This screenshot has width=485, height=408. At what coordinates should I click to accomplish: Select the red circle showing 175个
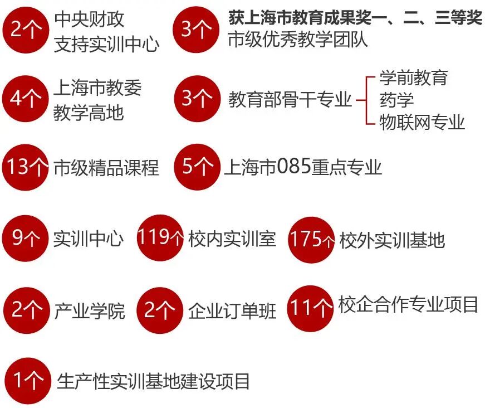pyautogui.click(x=312, y=240)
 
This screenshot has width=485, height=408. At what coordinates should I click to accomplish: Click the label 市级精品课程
pyautogui.click(x=106, y=167)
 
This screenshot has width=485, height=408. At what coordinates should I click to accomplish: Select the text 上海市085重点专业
pyautogui.click(x=303, y=167)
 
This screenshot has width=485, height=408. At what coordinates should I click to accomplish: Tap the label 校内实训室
pyautogui.click(x=232, y=240)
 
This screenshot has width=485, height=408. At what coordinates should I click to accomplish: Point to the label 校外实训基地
pyautogui.click(x=392, y=240)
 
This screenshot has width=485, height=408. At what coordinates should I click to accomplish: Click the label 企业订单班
pyautogui.click(x=232, y=311)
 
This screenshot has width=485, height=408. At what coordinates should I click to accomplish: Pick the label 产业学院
pyautogui.click(x=89, y=311)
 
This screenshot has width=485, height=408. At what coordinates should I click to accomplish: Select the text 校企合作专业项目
pyautogui.click(x=408, y=305)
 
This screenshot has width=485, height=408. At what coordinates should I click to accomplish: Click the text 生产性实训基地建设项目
pyautogui.click(x=154, y=381)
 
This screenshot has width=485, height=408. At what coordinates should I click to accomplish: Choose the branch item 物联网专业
pyautogui.click(x=422, y=122)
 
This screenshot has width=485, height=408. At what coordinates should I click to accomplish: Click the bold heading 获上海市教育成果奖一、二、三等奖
pyautogui.click(x=355, y=18)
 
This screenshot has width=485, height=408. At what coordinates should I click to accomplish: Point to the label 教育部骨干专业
pyautogui.click(x=290, y=100)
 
